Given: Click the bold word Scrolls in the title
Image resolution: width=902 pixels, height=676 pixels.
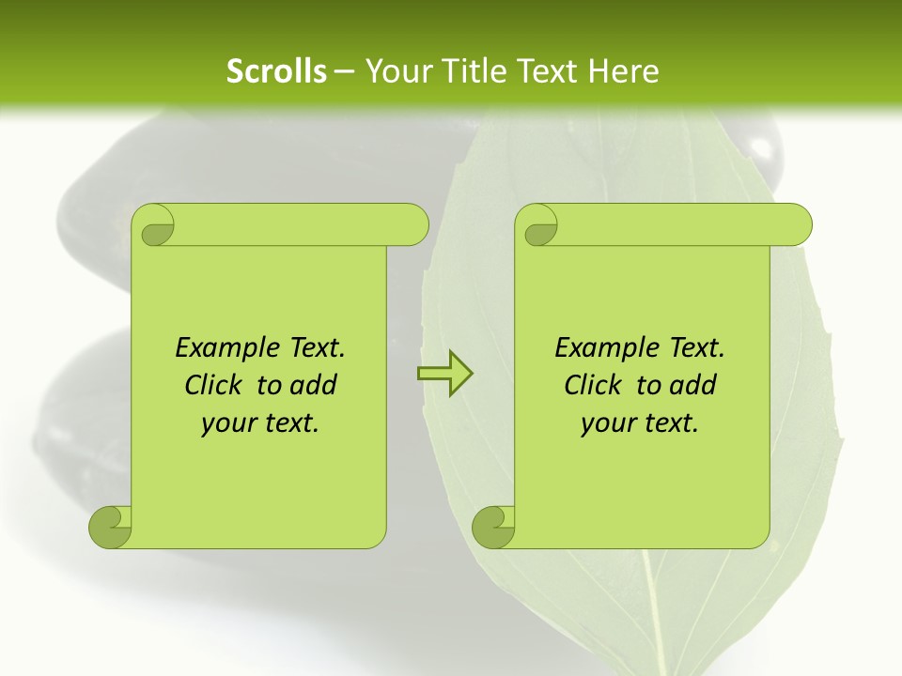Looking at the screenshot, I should [276, 71].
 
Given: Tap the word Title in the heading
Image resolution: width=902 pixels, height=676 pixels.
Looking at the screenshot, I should [474, 71].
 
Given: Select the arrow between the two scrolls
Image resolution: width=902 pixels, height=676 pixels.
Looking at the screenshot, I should [444, 374].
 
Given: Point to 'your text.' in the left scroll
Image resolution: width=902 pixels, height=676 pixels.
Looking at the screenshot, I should [260, 423].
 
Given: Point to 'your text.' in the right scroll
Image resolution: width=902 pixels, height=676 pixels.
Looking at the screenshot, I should [640, 423].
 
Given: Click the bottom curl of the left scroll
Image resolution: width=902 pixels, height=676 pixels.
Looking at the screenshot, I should [109, 526].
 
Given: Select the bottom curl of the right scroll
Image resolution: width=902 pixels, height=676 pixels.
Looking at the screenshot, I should [492, 526].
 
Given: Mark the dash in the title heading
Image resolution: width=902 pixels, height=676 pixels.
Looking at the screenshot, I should [344, 72].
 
